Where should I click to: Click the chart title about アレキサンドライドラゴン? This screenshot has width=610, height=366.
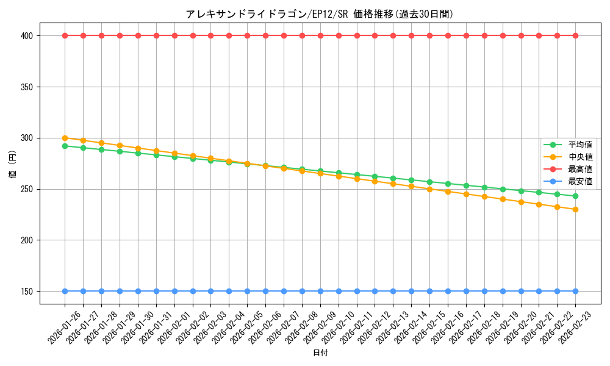pyautogui.click(x=320, y=14)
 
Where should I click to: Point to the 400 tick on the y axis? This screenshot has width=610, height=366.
pyautogui.click(x=26, y=35)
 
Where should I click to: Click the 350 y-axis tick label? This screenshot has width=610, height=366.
pyautogui.click(x=26, y=87)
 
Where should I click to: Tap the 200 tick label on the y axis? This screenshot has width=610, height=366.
pyautogui.click(x=26, y=240)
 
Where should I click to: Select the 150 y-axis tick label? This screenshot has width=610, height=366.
pyautogui.click(x=26, y=292)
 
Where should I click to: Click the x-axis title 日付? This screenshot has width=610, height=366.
pyautogui.click(x=320, y=353)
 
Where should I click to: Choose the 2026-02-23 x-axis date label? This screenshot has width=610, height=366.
pyautogui.click(x=576, y=328)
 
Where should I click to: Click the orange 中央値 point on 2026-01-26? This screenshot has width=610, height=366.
pyautogui.click(x=65, y=138)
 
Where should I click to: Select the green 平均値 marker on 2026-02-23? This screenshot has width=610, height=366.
pyautogui.click(x=575, y=196)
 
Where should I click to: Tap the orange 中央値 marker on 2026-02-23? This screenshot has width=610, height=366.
pyautogui.click(x=575, y=209)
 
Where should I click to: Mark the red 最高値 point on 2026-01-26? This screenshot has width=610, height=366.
pyautogui.click(x=65, y=35)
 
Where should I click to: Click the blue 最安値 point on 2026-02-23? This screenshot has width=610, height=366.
pyautogui.click(x=575, y=291)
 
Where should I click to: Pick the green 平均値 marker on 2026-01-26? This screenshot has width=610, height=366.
pyautogui.click(x=65, y=146)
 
